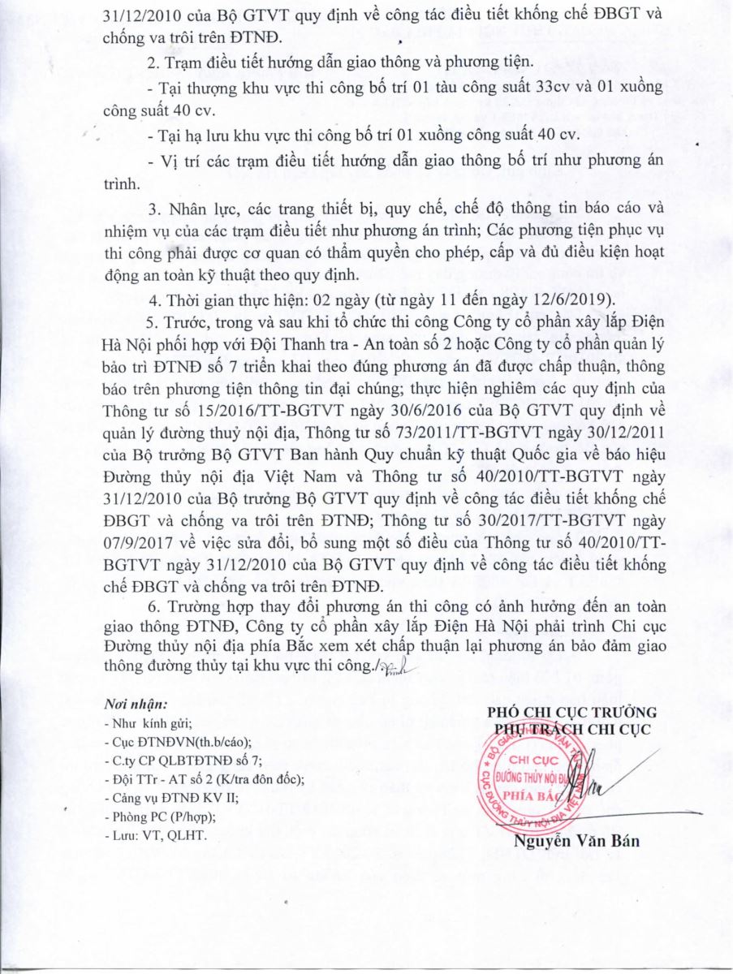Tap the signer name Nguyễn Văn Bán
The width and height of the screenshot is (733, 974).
(576, 841)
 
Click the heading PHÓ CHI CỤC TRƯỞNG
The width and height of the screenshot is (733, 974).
(571, 712)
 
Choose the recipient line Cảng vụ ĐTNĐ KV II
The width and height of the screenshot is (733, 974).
(170, 798)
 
